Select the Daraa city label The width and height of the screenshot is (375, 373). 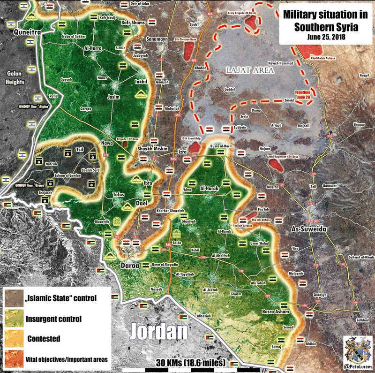tap(130, 266)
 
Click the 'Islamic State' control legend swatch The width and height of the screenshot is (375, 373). tap(15, 298)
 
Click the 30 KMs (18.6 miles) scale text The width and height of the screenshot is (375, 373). tap(190, 363)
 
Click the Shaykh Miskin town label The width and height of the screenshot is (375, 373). tap(152, 149)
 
